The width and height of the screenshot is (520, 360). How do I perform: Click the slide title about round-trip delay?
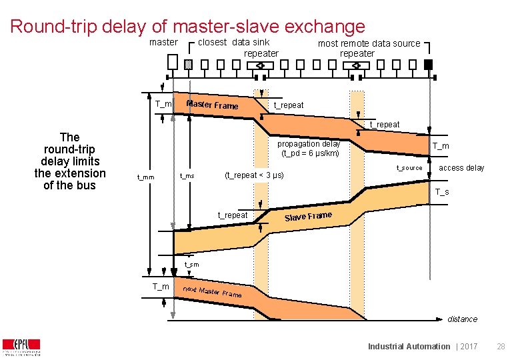coord(188,27)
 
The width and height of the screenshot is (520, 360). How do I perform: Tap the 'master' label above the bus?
coord(163,43)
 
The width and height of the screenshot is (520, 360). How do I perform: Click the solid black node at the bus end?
coord(429,65)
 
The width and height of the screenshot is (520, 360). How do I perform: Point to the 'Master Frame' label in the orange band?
coord(212,105)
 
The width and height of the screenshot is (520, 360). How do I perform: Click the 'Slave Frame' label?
coord(308,216)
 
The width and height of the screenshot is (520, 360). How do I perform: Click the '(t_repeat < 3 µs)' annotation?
coord(254,175)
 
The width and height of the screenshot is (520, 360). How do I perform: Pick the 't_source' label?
coord(409,168)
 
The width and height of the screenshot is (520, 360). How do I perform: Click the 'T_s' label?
coord(442,193)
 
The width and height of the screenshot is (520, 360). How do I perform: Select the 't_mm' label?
coord(145,177)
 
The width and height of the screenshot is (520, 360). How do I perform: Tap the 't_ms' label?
coord(187,176)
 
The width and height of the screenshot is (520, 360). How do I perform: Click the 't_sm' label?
coord(191,265)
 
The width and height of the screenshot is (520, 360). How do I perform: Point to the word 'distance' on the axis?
coord(462,319)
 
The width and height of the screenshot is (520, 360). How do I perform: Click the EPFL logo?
coord(21,347)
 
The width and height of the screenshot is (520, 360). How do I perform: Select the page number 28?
coord(501,346)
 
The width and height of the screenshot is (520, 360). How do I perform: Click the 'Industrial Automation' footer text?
coord(409,346)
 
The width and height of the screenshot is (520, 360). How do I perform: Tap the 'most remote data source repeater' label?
coord(369,48)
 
